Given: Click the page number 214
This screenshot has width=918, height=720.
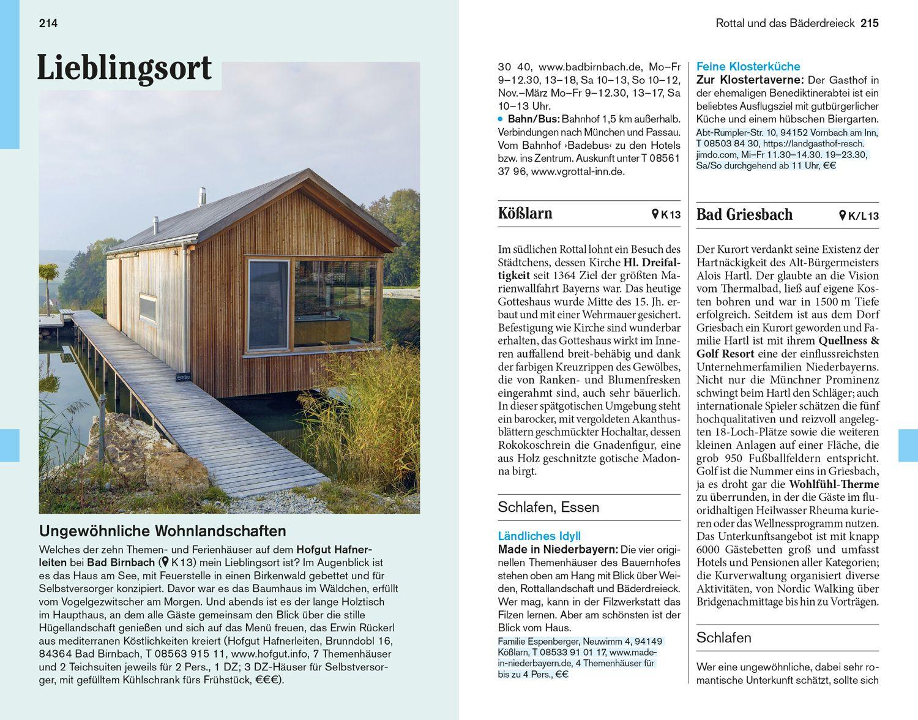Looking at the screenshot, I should pos(48,24).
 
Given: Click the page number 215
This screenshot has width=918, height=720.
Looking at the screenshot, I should pos(869,24).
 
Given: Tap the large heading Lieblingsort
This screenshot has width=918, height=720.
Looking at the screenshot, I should pos(124,68).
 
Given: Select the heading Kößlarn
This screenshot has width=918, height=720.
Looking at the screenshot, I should pos(525,214).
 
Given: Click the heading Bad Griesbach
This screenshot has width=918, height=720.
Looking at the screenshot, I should pos(744,215).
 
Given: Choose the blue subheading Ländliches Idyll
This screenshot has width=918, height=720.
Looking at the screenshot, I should pos(539,536).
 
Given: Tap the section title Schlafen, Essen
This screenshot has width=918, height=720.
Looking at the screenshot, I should pos(548,507).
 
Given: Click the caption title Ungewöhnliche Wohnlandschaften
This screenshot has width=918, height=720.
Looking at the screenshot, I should pos(162,531).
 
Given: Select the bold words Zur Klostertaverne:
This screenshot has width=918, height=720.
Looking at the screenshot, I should pos(750,80).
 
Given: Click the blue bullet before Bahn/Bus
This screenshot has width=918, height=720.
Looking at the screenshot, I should pos(500,119).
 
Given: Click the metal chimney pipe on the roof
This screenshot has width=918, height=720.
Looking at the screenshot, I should pos(200,197).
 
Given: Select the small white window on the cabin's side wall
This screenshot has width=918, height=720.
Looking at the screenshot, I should pos(147,307).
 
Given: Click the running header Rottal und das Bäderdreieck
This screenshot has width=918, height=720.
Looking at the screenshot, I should pos(785,24).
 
